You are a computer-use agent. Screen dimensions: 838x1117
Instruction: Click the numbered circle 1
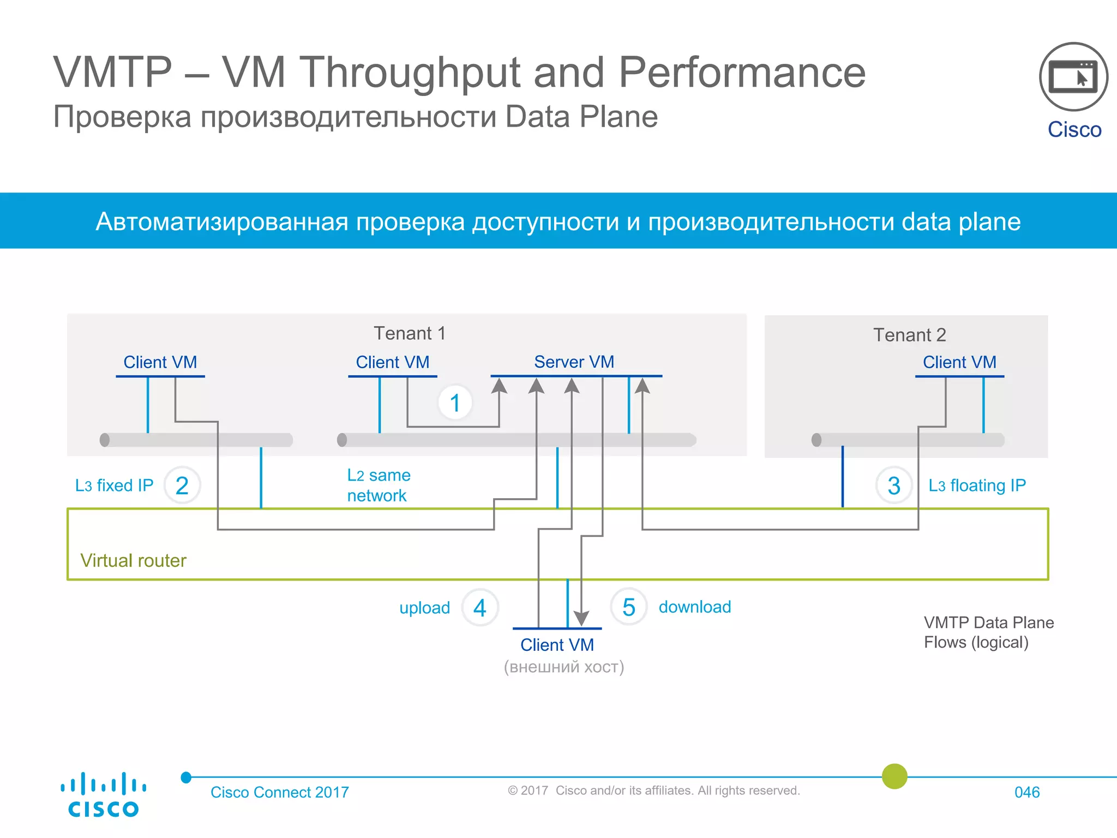455,403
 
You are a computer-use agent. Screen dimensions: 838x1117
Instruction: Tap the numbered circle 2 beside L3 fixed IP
182,486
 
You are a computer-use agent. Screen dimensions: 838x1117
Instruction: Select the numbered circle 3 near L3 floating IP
894,486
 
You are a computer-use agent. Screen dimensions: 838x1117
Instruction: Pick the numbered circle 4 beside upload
480,608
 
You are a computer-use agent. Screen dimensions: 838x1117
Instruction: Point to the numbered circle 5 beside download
629,607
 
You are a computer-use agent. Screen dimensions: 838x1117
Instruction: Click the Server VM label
574,362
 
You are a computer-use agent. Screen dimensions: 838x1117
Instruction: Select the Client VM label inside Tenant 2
959,362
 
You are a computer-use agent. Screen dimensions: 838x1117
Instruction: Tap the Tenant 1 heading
410,333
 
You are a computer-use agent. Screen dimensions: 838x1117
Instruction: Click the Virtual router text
133,560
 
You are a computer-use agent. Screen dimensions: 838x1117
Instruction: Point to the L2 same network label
379,485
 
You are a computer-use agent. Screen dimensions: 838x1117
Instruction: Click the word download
694,607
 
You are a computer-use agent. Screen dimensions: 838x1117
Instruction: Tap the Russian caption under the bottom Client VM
563,667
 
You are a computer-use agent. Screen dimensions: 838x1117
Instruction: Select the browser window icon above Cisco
1073,77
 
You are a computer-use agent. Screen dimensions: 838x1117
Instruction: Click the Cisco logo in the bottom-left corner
103,795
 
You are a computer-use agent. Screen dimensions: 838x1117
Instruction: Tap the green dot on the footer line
894,776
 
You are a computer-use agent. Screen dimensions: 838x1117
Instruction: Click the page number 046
1026,792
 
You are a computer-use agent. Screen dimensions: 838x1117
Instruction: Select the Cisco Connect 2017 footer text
279,792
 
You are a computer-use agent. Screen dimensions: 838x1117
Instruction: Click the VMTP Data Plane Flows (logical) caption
988,632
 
